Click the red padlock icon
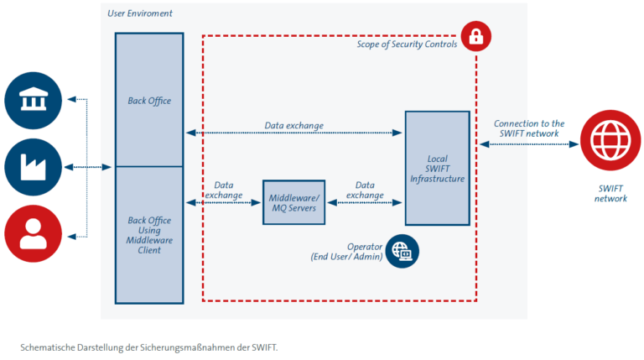(x=475, y=36)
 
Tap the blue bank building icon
(x=34, y=100)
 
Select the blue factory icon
(x=34, y=167)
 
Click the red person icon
(x=34, y=233)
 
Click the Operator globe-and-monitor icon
(x=402, y=251)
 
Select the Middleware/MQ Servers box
(x=293, y=201)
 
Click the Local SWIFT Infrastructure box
(x=437, y=168)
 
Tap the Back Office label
(x=149, y=101)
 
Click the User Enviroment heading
(x=140, y=14)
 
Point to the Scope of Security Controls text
(x=402, y=44)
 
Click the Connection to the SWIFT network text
(x=529, y=128)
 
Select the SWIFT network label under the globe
(x=610, y=193)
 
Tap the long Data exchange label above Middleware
(x=293, y=126)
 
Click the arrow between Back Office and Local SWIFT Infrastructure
(x=293, y=133)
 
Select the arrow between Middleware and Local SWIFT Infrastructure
(x=365, y=202)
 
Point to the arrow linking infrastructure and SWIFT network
(x=528, y=143)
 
